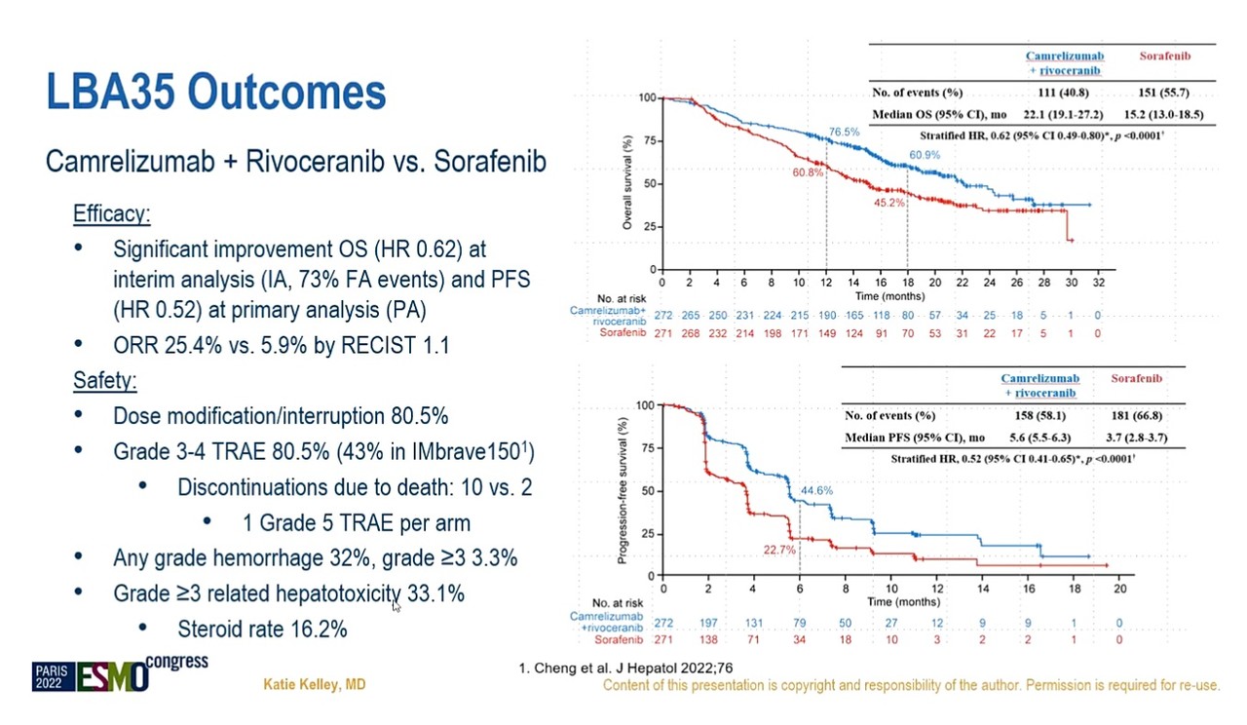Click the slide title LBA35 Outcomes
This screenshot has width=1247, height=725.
[x=216, y=92]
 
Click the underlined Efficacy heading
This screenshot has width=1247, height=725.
[x=112, y=213]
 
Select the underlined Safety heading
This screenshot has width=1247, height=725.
[x=104, y=381]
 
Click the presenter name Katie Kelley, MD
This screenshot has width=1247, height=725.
[x=315, y=684]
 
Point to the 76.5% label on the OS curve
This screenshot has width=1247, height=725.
[x=844, y=132]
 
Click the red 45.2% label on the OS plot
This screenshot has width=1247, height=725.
[x=889, y=203]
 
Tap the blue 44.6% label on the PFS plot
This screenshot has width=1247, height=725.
[x=816, y=490]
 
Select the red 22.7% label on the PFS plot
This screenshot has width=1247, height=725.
[x=779, y=551]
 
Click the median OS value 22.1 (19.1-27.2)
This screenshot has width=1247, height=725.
[x=1063, y=115]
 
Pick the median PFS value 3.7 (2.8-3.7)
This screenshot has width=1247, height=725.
[x=1136, y=438]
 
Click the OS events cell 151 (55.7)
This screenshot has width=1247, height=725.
[x=1163, y=93]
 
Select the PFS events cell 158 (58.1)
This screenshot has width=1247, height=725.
[x=1039, y=415]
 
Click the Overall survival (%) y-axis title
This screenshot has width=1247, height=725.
[x=627, y=182]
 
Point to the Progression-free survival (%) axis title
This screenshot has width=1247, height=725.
[x=623, y=490]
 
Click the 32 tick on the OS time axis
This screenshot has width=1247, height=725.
[x=1098, y=283]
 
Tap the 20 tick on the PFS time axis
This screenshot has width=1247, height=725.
[x=1120, y=590]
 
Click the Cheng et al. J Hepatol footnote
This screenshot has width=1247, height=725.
[x=625, y=668]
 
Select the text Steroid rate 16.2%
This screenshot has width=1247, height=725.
[x=262, y=630]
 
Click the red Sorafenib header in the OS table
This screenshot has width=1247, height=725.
[x=1164, y=56]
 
